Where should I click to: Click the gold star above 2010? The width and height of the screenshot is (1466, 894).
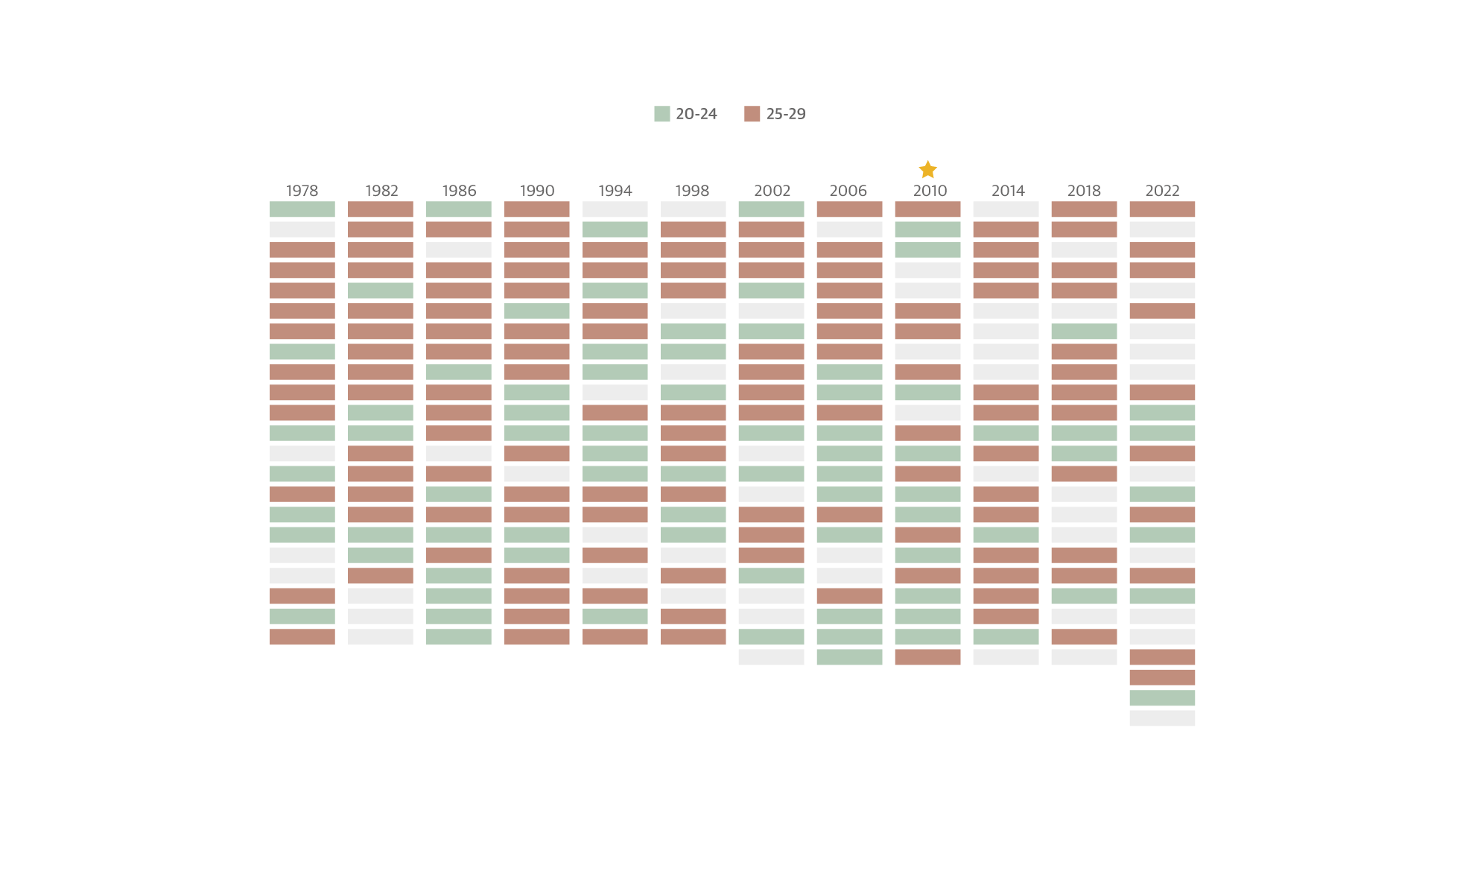tap(927, 170)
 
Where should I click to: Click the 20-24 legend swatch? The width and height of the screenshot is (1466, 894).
tap(661, 114)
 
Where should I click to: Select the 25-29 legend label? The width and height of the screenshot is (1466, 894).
tap(786, 114)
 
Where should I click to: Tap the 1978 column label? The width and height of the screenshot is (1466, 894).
tap(302, 191)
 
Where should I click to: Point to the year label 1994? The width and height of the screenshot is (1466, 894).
tap(615, 191)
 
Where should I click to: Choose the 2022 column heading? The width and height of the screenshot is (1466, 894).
tap(1162, 191)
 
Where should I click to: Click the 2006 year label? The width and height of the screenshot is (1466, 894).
tap(848, 191)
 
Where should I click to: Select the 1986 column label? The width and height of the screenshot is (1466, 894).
tap(459, 191)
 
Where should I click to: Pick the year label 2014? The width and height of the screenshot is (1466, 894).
tap(1008, 191)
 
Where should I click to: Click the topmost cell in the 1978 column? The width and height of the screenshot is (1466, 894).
tap(302, 209)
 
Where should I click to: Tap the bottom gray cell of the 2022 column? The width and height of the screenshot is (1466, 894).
tap(1162, 718)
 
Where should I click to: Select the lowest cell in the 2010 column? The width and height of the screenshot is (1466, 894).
tap(927, 657)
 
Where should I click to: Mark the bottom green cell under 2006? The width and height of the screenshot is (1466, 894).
tap(849, 657)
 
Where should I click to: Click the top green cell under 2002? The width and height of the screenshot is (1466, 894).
tap(771, 209)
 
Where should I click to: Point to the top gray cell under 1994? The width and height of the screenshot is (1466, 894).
tap(615, 209)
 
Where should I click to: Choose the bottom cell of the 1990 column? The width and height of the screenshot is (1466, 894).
tap(536, 637)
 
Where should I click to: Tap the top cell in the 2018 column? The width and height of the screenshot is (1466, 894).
tap(1084, 209)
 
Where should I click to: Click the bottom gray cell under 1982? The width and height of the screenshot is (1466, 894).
tap(380, 637)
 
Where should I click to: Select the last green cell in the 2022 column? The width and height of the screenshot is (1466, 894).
tap(1162, 698)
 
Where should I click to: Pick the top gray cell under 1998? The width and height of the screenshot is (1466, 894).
tap(693, 209)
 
